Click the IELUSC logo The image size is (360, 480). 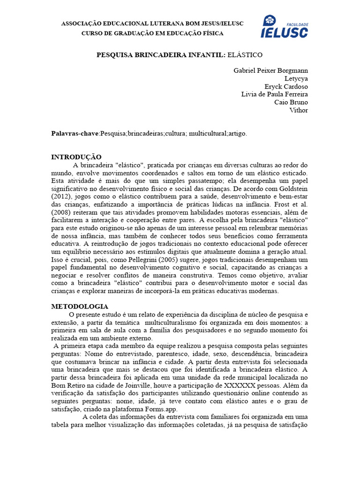[284, 27]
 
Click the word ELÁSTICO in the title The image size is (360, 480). [245, 55]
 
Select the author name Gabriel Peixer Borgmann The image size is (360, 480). [270, 70]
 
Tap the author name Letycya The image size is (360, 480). [296, 78]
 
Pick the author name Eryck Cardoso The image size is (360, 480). [286, 86]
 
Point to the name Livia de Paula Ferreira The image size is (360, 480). [274, 94]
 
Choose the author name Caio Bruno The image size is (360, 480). [291, 102]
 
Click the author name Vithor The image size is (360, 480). [299, 110]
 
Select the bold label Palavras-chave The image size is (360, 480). [75, 134]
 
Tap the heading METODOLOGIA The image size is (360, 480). [79, 307]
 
